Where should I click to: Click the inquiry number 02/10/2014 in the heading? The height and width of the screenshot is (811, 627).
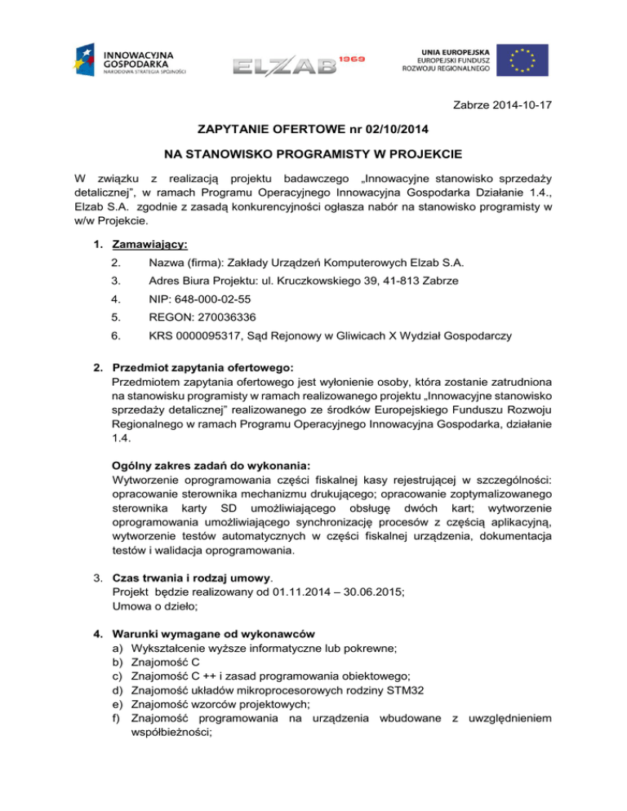click(x=378, y=130)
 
